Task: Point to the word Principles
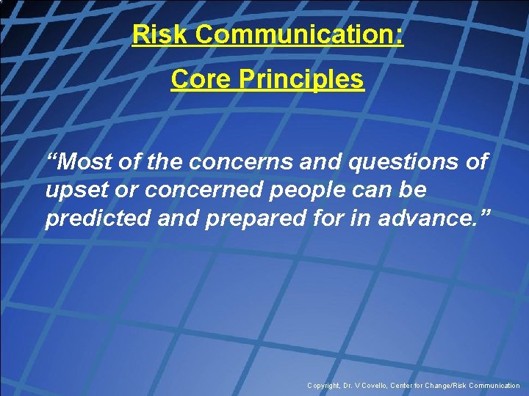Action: pyautogui.click(x=301, y=78)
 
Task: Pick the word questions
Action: pyautogui.click(x=394, y=162)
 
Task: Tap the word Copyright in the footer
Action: pyautogui.click(x=324, y=385)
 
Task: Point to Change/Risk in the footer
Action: pyautogui.click(x=451, y=385)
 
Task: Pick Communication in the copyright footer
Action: pyautogui.click(x=497, y=385)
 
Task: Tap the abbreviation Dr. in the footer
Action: pyautogui.click(x=350, y=385)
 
